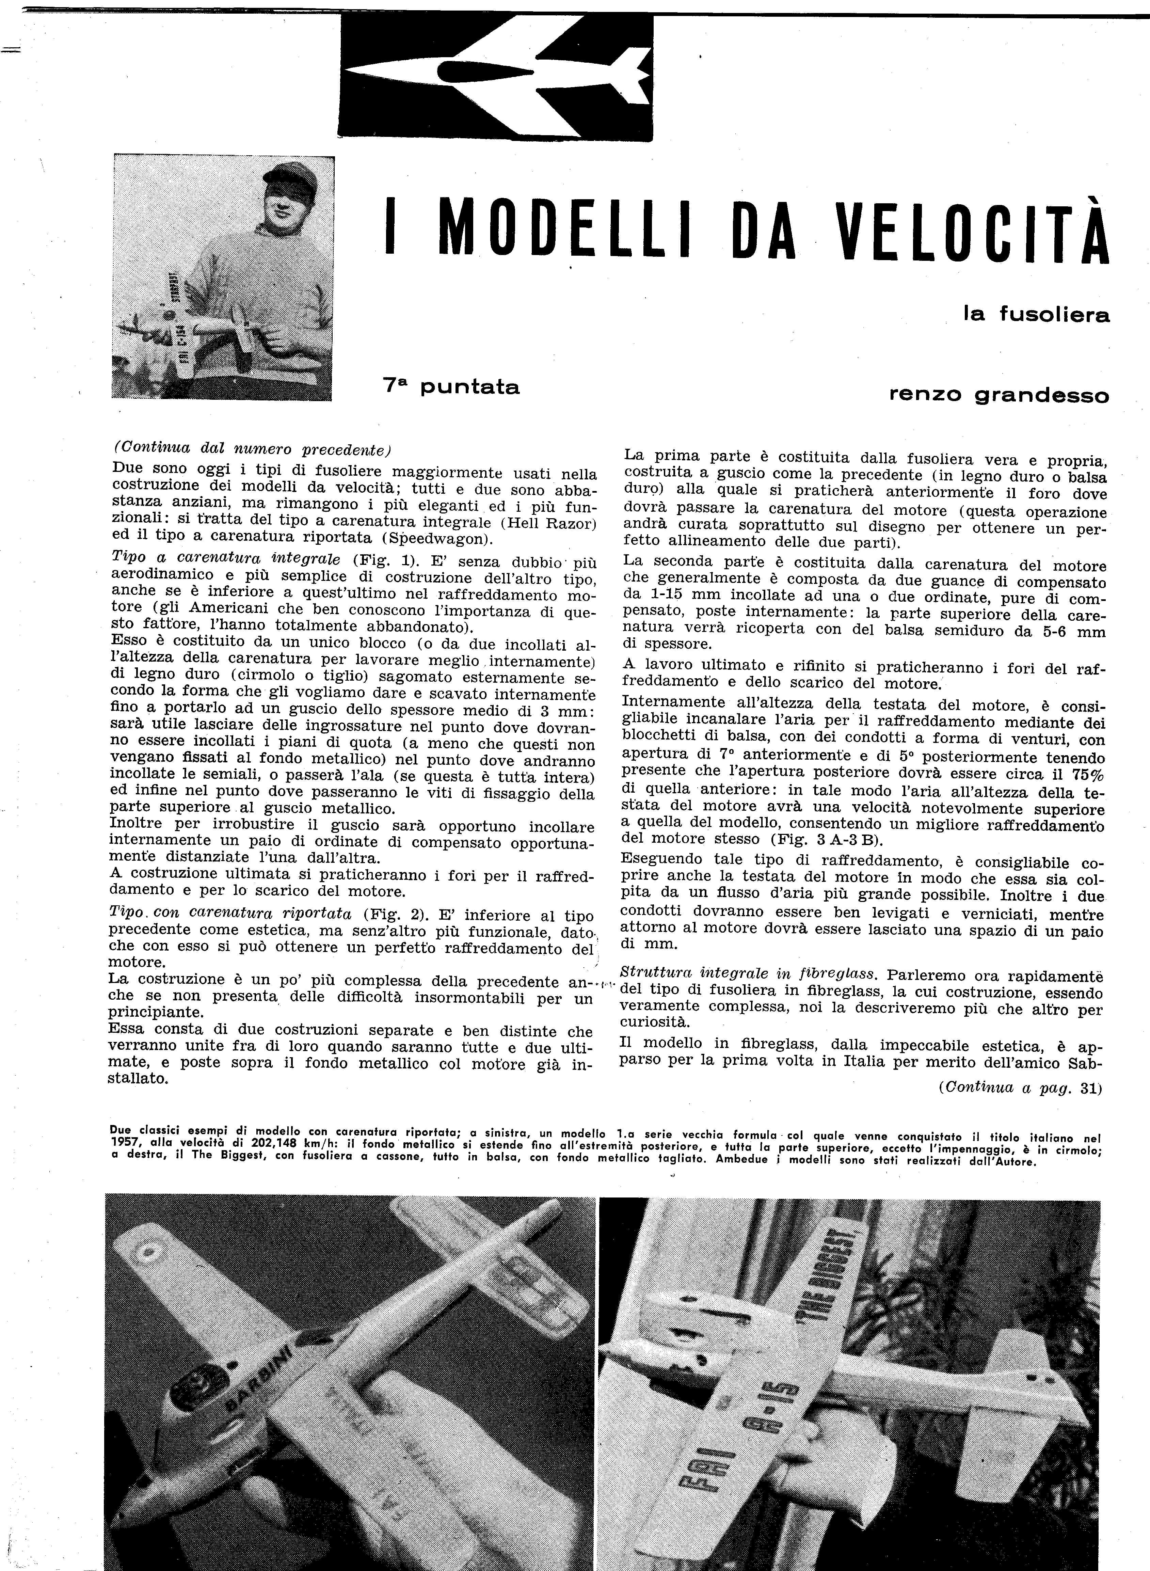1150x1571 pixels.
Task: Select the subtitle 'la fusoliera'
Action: click(x=1036, y=315)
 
